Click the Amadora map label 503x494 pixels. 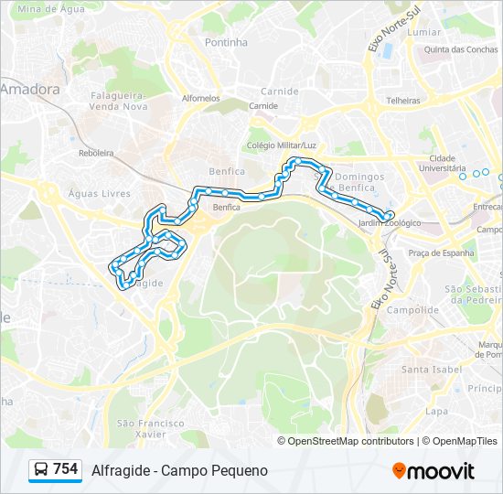coord(31,90)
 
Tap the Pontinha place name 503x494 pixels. coord(226,42)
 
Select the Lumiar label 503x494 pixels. coord(425,32)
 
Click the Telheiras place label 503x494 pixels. coord(403,101)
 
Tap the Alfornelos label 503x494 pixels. coord(201,98)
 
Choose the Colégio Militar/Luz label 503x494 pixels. coord(282,145)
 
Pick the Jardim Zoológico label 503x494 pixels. coord(390,223)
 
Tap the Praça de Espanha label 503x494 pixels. coord(441,253)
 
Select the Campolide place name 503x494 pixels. coord(413,310)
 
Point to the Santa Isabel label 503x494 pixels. coord(428,370)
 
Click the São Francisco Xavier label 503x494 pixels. coord(151,428)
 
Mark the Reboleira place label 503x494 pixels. coord(95,154)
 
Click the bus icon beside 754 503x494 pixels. coord(41,470)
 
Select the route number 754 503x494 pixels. coord(66,469)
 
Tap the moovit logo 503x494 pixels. coord(433,471)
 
